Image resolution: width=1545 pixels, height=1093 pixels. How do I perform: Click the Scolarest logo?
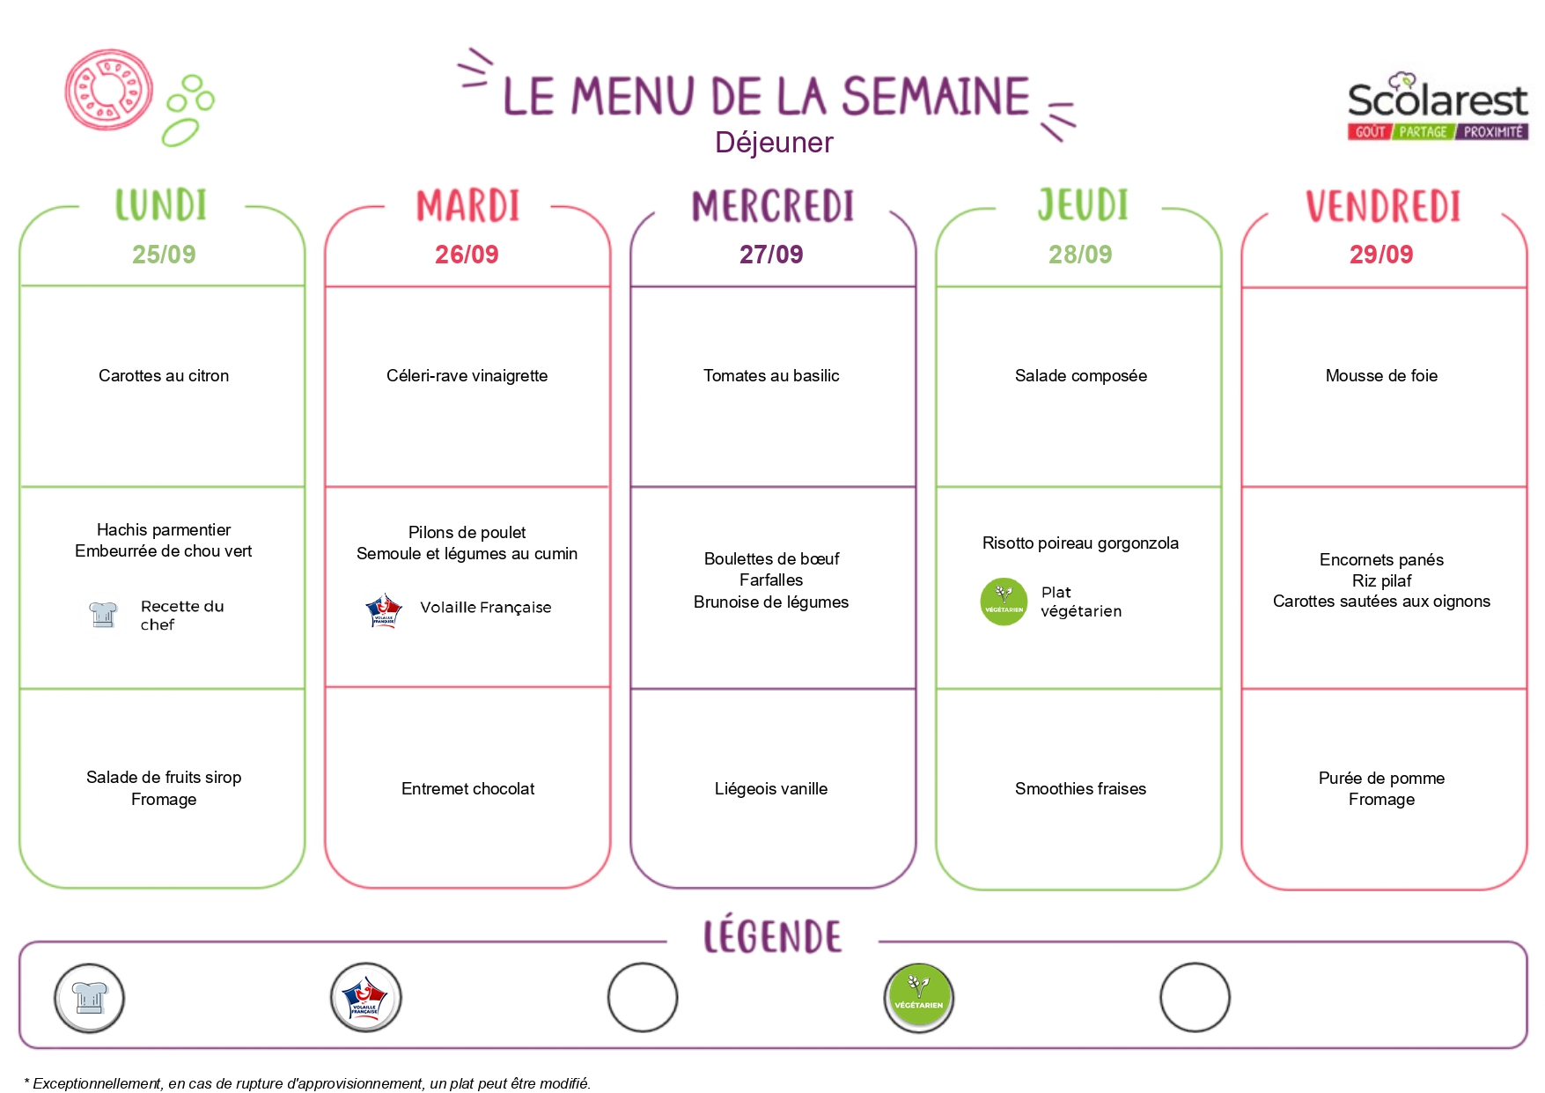[1438, 107]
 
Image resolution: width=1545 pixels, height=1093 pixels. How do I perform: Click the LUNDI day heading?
[161, 205]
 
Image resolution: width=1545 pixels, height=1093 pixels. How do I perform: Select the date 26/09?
[467, 255]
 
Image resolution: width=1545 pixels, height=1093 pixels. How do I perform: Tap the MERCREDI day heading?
[773, 206]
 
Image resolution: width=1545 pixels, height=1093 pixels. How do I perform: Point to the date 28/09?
[1080, 255]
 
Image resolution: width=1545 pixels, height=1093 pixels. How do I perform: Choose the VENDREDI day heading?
[1383, 206]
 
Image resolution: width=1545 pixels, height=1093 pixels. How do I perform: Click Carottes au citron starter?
[164, 376]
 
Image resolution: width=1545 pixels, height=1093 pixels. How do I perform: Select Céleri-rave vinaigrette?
[467, 376]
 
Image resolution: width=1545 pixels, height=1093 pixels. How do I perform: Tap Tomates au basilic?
[771, 376]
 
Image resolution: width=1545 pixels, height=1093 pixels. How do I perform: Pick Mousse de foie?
[1381, 376]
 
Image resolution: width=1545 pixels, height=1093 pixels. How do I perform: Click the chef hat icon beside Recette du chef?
[103, 615]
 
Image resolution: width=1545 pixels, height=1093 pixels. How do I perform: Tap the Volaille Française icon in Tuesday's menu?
[384, 610]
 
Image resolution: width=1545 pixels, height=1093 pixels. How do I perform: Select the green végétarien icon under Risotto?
[1004, 602]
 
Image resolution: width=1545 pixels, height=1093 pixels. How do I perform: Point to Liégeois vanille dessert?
[771, 789]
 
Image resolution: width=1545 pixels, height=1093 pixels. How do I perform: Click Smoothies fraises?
[1080, 789]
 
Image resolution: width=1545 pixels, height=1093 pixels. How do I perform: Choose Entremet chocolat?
[467, 789]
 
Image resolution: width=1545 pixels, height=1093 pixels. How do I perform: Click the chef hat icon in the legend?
[89, 998]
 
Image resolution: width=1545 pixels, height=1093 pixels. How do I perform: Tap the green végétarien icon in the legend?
[919, 998]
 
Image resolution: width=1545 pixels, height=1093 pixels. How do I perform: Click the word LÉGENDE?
[772, 935]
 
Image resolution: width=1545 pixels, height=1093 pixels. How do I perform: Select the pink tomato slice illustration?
[109, 90]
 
